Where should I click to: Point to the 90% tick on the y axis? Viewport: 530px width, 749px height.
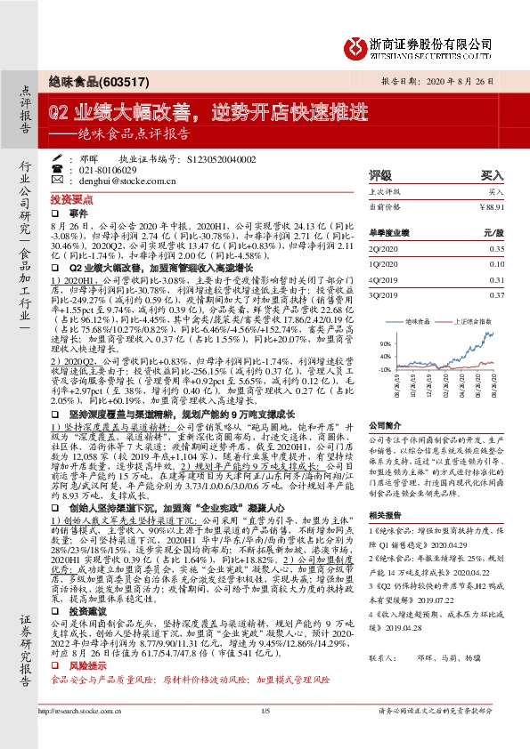(385, 341)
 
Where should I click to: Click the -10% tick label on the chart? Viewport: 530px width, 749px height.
(384, 369)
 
